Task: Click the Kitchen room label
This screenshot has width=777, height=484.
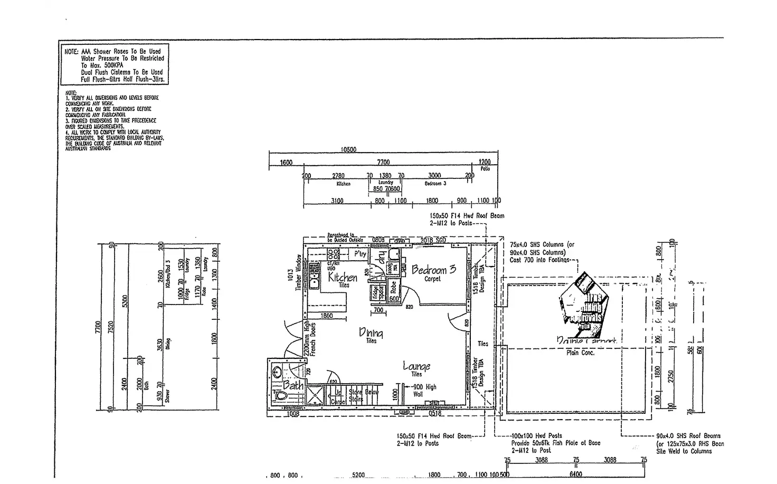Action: click(x=343, y=277)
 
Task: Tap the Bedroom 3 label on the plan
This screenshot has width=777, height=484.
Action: click(x=433, y=270)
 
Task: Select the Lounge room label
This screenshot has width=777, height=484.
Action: click(x=416, y=366)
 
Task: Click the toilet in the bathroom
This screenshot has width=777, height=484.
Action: click(x=280, y=395)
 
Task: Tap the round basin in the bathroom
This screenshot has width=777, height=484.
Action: click(x=277, y=372)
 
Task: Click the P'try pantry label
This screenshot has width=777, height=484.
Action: click(x=360, y=254)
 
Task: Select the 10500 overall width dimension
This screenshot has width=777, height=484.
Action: click(x=348, y=149)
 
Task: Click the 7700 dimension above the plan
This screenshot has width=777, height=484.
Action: click(x=384, y=162)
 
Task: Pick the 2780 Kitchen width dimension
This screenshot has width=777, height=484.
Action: click(x=338, y=176)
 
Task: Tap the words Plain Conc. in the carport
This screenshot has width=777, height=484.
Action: click(x=581, y=353)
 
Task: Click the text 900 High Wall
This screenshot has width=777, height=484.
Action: click(x=424, y=390)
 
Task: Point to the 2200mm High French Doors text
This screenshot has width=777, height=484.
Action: click(x=309, y=338)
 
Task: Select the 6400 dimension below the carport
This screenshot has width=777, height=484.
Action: click(x=575, y=474)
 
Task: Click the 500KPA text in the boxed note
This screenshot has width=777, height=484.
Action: click(x=110, y=65)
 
